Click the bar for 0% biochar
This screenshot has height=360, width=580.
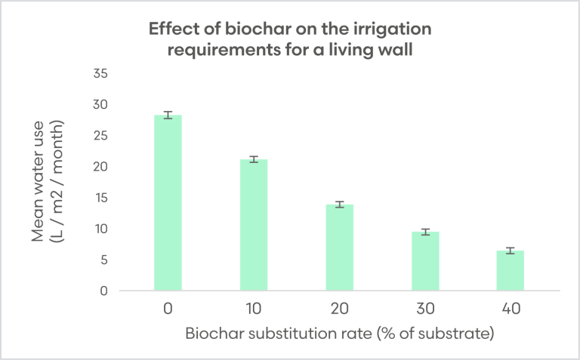(x=168, y=203)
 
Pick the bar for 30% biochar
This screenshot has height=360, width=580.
(x=424, y=261)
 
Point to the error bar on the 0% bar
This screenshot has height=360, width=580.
(x=168, y=115)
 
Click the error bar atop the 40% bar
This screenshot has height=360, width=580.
(x=510, y=250)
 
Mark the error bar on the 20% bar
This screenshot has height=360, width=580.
(x=339, y=204)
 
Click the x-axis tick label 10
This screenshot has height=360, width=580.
(x=254, y=309)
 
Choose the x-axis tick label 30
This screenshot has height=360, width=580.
(x=424, y=309)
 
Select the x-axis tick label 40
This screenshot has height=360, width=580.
(x=510, y=309)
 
